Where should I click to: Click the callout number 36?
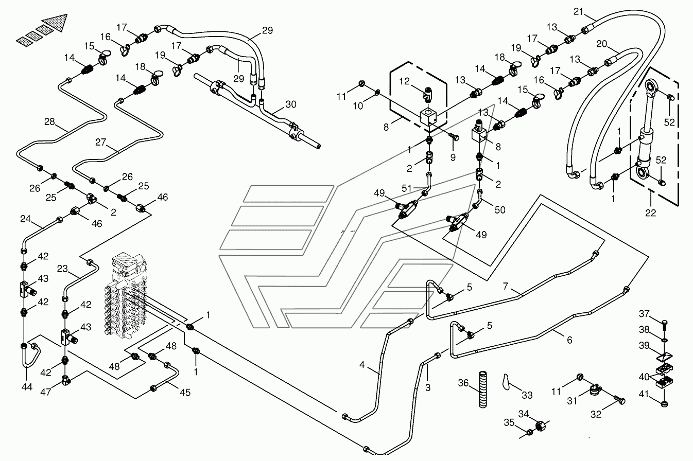463,383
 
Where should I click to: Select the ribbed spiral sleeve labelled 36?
483,389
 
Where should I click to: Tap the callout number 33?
527,395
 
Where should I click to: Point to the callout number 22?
651,212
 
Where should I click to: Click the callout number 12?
404,81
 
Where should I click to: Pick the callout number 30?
291,104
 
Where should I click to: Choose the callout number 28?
49,121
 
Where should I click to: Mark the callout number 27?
100,142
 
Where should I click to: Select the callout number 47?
46,392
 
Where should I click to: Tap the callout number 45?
185,393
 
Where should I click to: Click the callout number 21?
578,11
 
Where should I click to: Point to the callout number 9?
453,157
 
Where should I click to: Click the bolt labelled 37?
664,326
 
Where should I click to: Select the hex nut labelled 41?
664,404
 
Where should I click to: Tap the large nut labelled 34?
541,427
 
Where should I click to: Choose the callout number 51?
407,188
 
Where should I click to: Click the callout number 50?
500,209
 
